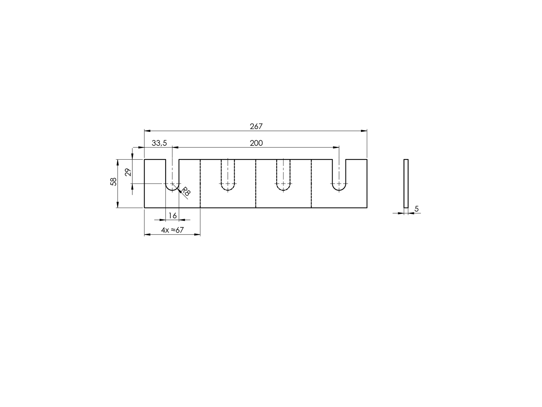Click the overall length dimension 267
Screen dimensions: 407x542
click(x=256, y=126)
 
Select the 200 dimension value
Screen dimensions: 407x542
click(x=256, y=143)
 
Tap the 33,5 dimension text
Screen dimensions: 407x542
click(x=159, y=143)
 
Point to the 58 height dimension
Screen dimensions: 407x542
click(x=113, y=182)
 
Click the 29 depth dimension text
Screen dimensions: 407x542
click(x=128, y=172)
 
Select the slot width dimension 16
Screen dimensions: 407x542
click(x=173, y=216)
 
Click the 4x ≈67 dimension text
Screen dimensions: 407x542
click(x=172, y=230)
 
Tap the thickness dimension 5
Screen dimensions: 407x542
click(x=417, y=209)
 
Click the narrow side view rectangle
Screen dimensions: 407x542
click(x=406, y=184)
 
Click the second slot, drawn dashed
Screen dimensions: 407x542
click(x=228, y=176)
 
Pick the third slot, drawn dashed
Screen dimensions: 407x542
click(x=284, y=176)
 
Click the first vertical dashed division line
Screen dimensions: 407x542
click(x=200, y=184)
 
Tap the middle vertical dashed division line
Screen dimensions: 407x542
click(x=256, y=184)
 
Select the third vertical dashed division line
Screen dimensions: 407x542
click(x=311, y=184)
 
